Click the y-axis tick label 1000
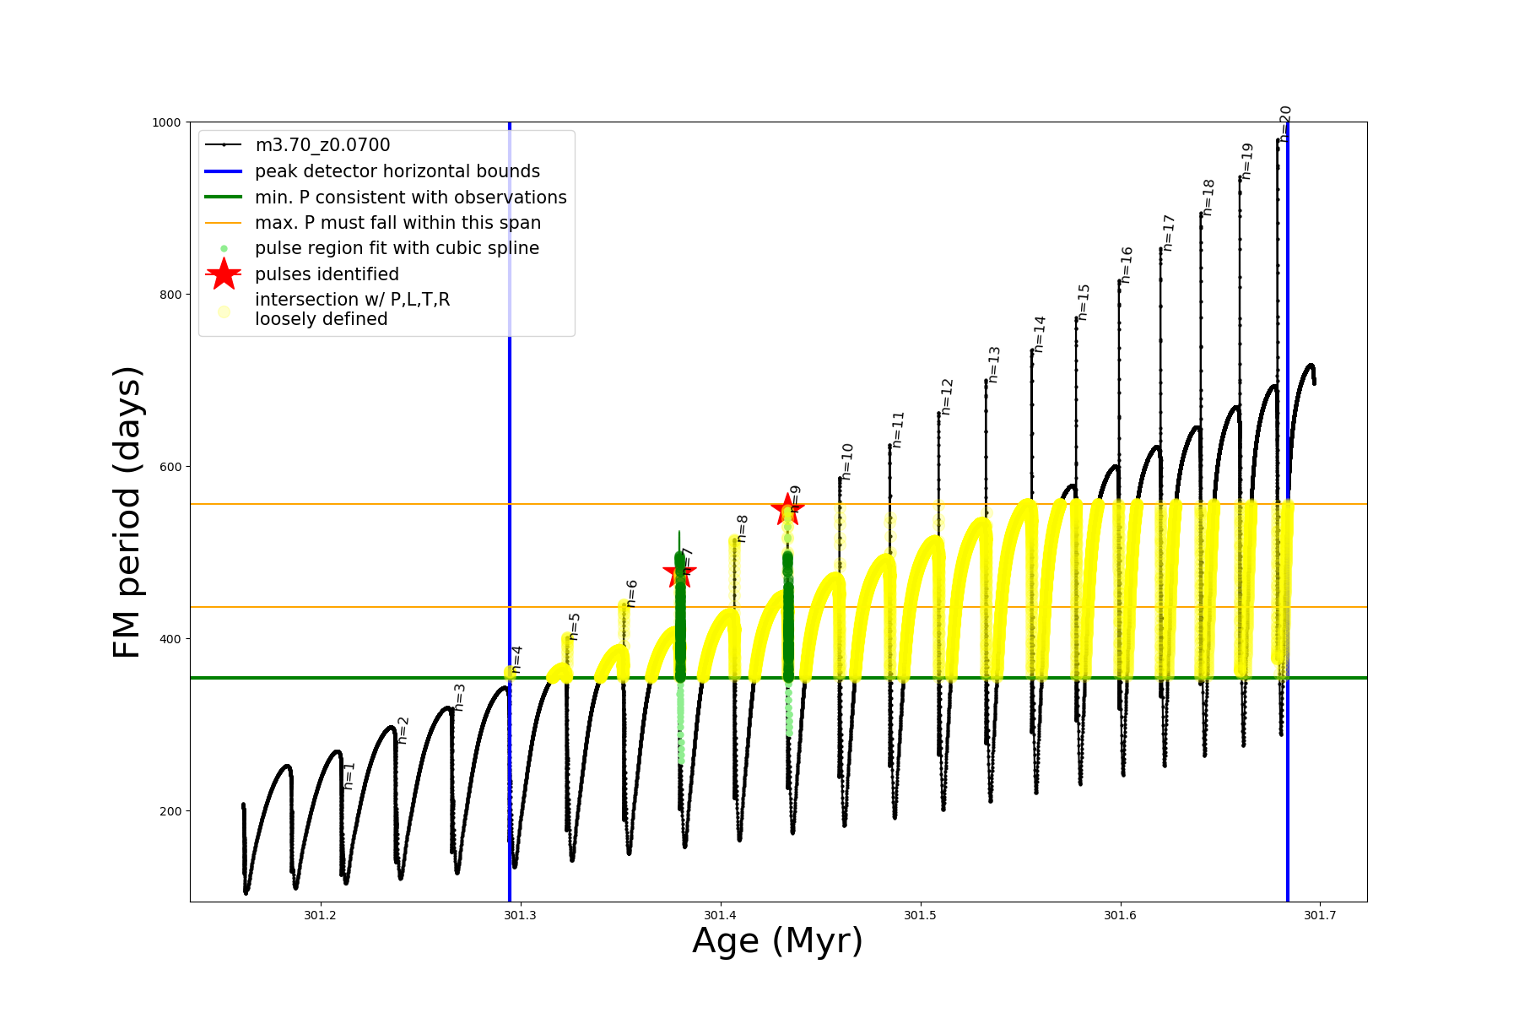click(166, 122)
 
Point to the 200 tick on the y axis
click(170, 811)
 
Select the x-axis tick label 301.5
click(920, 915)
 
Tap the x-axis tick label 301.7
click(1320, 915)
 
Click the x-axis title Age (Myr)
click(777, 941)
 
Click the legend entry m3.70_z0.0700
click(322, 145)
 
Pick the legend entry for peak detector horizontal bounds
click(397, 171)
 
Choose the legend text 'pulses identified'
click(327, 274)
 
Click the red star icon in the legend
click(224, 274)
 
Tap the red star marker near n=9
click(787, 508)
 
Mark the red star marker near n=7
click(679, 573)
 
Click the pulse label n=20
click(1285, 122)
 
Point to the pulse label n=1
click(349, 776)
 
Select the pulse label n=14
click(1040, 334)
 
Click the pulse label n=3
click(459, 697)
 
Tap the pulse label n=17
click(1169, 233)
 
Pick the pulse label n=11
click(898, 430)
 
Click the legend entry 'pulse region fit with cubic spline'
click(397, 248)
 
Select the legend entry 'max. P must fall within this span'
click(397, 223)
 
